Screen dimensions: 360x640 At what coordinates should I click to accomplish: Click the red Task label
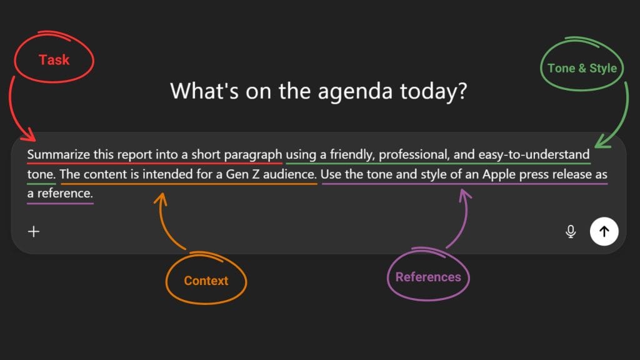click(x=54, y=60)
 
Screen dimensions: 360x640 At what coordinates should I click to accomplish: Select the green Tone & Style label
click(x=582, y=68)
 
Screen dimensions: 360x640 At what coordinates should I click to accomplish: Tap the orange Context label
click(x=206, y=281)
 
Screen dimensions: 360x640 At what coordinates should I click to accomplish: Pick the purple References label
click(x=428, y=277)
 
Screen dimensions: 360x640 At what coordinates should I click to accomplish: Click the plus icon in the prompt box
click(x=34, y=231)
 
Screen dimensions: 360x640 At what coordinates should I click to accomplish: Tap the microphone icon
click(x=570, y=231)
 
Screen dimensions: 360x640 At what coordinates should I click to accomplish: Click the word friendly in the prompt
click(x=352, y=154)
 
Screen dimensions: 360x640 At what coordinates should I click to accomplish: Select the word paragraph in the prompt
click(x=256, y=154)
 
